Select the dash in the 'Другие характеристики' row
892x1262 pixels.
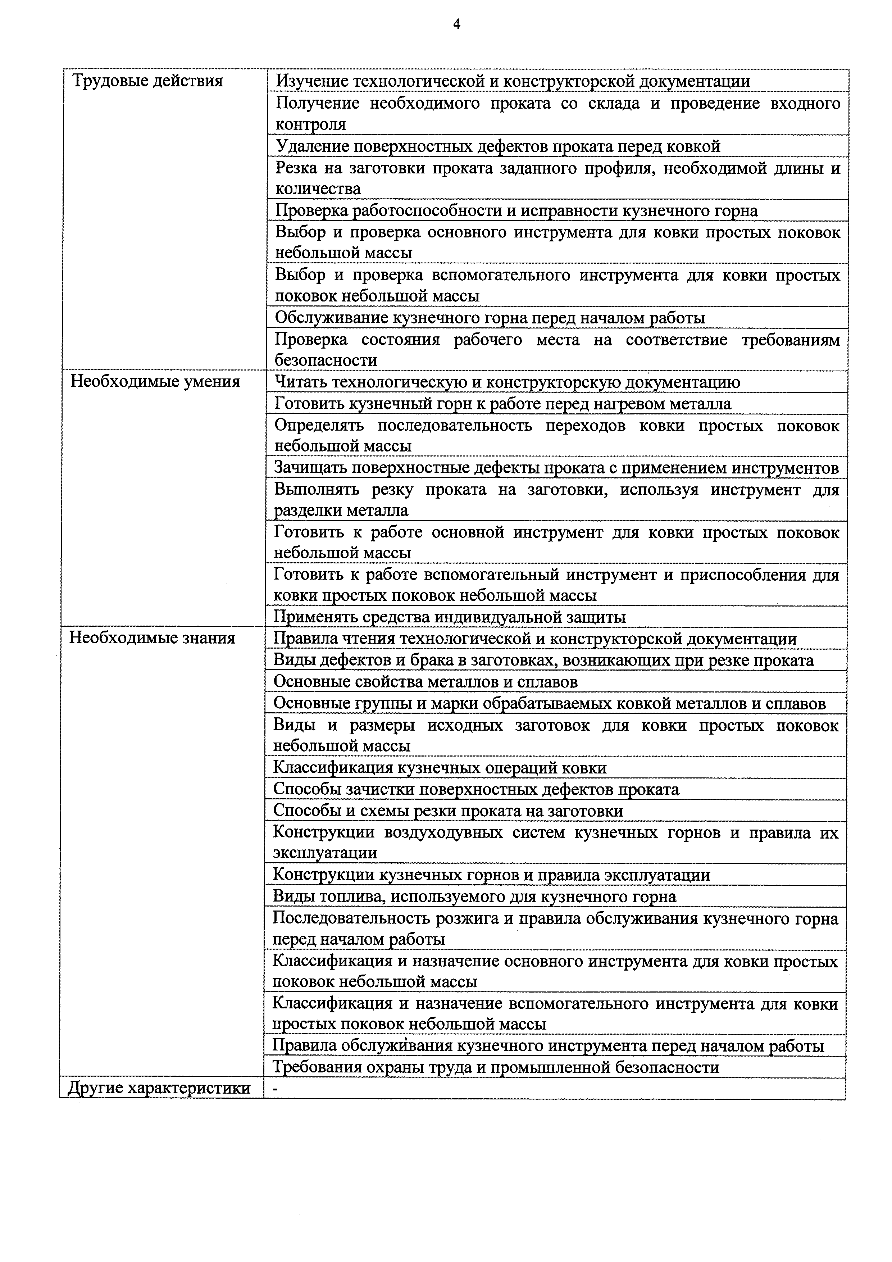(276, 1088)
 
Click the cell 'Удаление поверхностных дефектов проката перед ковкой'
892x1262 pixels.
(497, 146)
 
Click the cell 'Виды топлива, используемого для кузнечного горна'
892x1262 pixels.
(474, 896)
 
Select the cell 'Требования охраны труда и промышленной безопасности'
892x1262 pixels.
(496, 1067)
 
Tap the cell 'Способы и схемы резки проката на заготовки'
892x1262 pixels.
(448, 811)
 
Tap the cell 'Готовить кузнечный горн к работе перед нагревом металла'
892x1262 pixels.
(502, 404)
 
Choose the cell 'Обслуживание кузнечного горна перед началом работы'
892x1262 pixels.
(490, 318)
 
